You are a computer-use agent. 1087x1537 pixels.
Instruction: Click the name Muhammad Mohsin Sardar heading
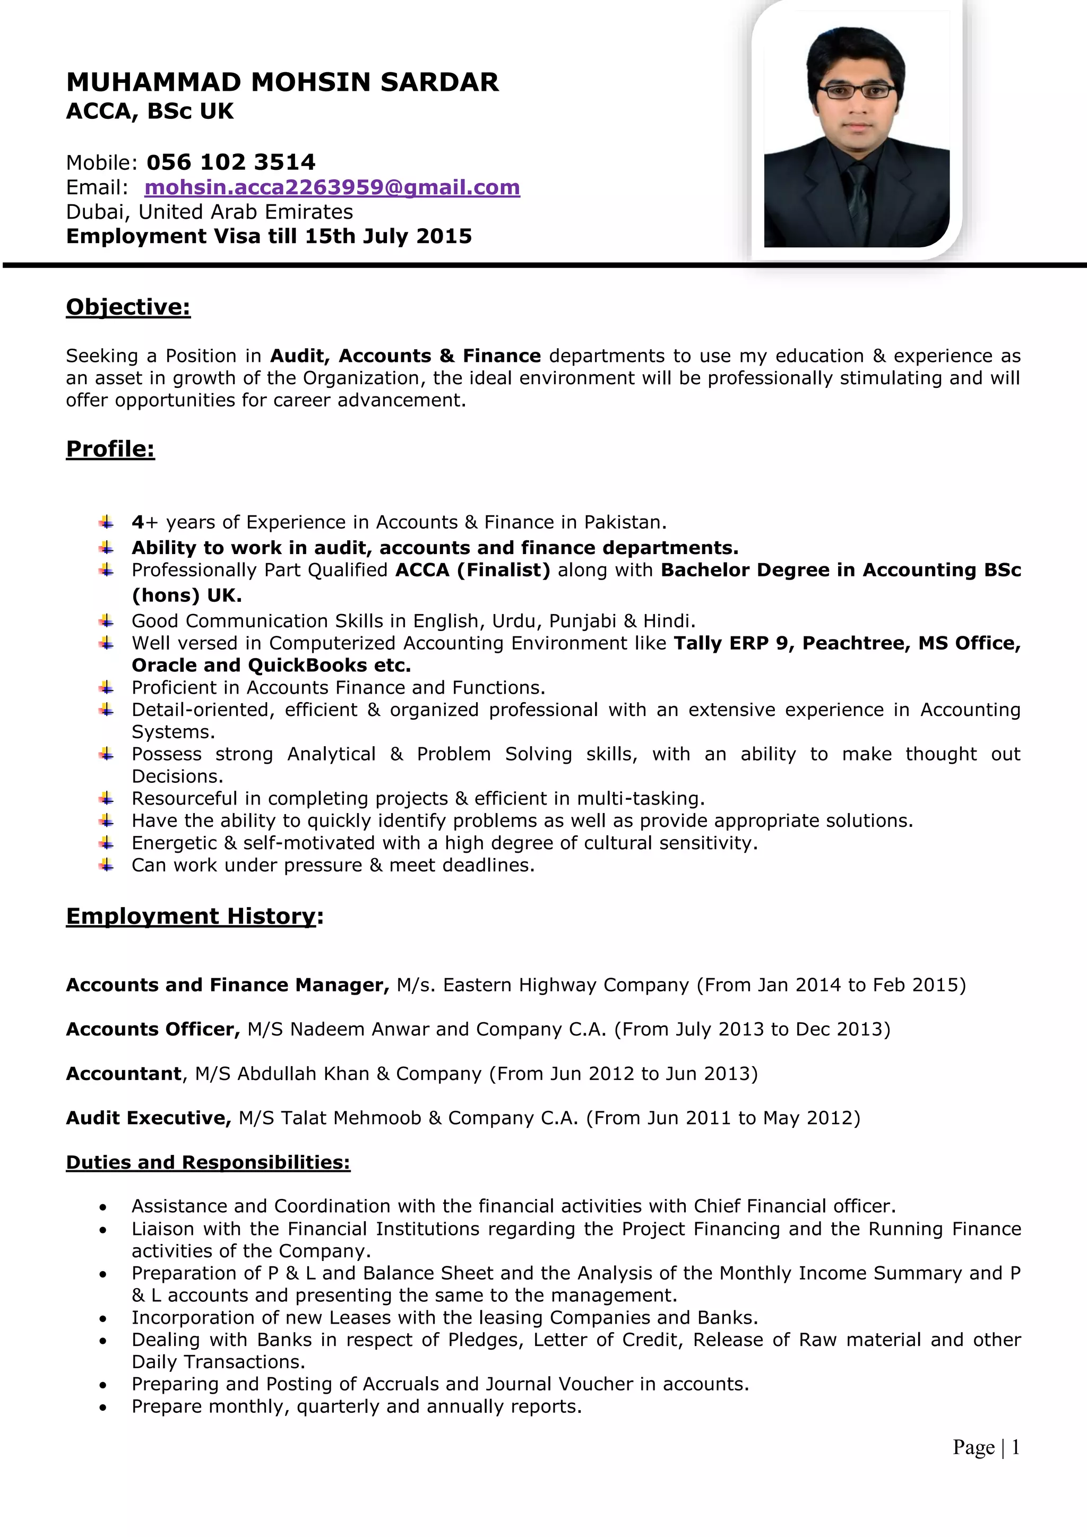point(282,82)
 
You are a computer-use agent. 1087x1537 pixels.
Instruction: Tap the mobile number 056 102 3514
point(230,162)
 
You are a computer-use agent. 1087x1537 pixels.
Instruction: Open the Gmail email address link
point(332,187)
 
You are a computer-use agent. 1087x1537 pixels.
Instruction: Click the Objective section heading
point(128,307)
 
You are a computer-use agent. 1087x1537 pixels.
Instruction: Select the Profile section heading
point(110,449)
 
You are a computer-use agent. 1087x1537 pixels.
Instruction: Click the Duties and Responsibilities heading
point(208,1162)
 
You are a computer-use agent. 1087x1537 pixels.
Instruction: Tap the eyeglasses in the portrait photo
point(856,91)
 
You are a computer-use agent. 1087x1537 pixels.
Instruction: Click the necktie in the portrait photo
point(858,201)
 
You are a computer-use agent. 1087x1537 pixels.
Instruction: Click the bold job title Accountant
point(124,1074)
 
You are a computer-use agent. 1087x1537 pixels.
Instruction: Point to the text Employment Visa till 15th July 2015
point(269,236)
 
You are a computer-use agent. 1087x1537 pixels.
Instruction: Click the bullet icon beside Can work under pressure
point(106,865)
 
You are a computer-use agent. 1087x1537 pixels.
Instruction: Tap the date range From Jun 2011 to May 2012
point(723,1118)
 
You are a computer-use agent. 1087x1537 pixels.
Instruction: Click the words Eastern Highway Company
point(566,985)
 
